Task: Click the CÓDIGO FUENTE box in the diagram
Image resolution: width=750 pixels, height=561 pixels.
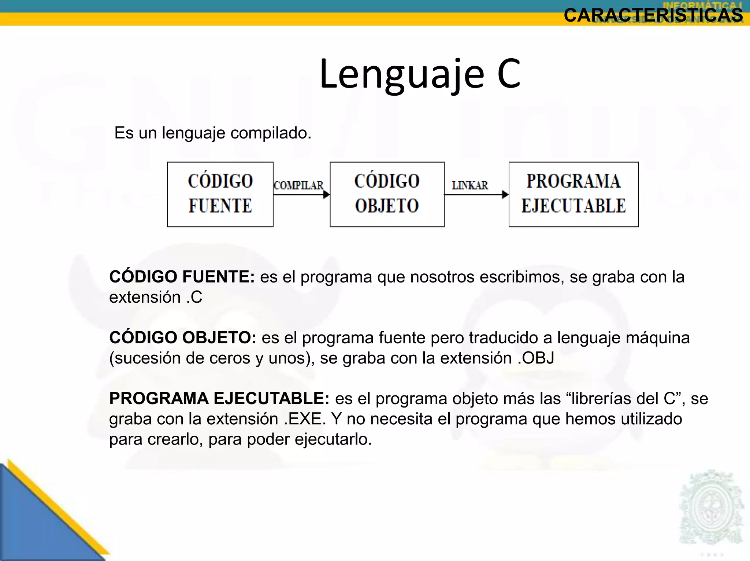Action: pos(220,194)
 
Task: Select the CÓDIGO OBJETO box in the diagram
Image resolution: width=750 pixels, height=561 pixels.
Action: pos(387,194)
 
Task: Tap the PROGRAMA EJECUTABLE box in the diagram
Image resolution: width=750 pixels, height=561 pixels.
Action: pos(573,194)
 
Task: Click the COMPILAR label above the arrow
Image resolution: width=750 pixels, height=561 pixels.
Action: pos(298,185)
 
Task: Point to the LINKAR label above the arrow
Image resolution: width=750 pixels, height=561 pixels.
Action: pos(470,185)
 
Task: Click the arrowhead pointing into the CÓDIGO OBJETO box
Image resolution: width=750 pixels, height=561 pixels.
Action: pos(326,195)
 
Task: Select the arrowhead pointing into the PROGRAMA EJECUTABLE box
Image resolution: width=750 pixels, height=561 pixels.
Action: pos(505,195)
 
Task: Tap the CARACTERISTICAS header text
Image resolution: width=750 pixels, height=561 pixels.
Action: pos(653,15)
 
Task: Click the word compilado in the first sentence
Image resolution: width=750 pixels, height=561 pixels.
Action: pos(271,133)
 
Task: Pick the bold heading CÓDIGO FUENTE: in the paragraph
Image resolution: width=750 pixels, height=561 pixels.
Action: pos(182,277)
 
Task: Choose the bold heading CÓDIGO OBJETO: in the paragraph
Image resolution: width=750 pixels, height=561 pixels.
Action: pos(183,337)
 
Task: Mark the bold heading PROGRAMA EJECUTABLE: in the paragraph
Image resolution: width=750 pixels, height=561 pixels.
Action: pos(219,398)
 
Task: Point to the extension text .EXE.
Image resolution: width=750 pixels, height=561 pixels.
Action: pos(305,419)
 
